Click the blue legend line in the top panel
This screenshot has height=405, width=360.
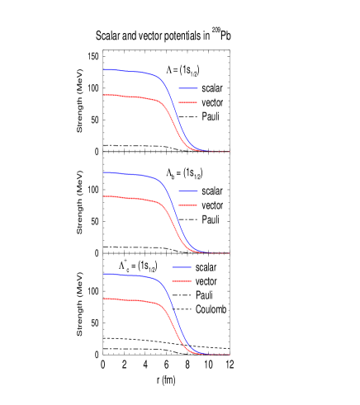pyautogui.click(x=187, y=88)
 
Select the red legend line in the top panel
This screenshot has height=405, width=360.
pyautogui.click(x=187, y=103)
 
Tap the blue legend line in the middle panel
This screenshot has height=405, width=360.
pyautogui.click(x=187, y=191)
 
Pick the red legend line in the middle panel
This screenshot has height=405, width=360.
pyautogui.click(x=187, y=205)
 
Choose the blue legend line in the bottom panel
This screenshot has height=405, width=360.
pyautogui.click(x=182, y=267)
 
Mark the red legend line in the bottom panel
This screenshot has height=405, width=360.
pyautogui.click(x=182, y=281)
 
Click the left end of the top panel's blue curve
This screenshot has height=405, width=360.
pyautogui.click(x=104, y=70)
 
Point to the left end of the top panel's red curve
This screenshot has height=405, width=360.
pyautogui.click(x=104, y=95)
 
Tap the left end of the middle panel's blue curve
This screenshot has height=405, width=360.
pyautogui.click(x=104, y=172)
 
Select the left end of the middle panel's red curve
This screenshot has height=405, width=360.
pyautogui.click(x=104, y=196)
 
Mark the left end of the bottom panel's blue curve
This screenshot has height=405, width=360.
pyautogui.click(x=104, y=274)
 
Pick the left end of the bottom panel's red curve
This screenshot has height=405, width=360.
pyautogui.click(x=104, y=299)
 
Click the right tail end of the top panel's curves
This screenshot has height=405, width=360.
pyautogui.click(x=228, y=152)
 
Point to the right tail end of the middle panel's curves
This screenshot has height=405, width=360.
pyautogui.click(x=228, y=253)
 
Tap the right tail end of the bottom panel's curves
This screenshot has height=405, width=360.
pyautogui.click(x=228, y=355)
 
